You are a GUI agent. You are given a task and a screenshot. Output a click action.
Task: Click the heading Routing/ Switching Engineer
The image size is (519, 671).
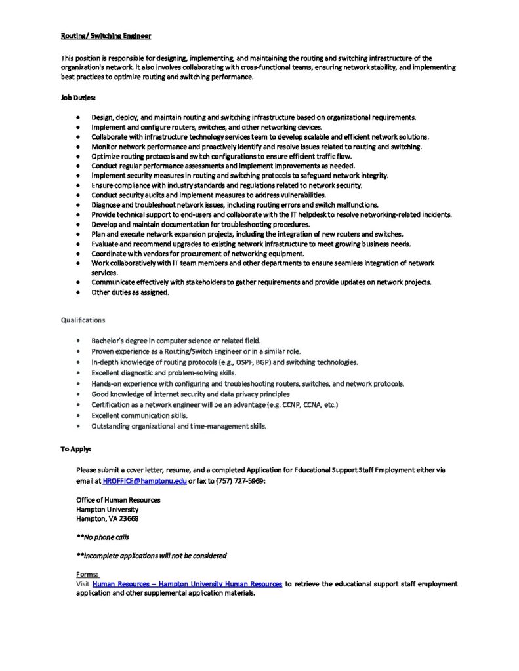pos(106,36)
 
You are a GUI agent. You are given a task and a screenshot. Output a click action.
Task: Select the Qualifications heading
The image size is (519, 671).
pos(83,320)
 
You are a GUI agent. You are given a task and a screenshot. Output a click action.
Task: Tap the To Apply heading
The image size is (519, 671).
pos(76,450)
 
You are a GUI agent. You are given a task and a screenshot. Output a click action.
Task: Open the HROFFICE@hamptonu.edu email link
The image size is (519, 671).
pos(144,480)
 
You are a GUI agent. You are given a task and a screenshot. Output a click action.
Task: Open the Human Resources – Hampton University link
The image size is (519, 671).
pos(188,583)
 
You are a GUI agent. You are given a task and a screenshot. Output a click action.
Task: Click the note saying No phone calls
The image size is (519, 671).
pos(103,537)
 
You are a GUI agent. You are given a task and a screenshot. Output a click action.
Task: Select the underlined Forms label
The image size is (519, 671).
pos(87,574)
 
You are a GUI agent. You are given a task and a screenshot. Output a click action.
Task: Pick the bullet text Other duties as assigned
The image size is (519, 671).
pos(130,292)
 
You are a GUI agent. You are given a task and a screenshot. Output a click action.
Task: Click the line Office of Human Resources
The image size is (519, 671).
pos(118,499)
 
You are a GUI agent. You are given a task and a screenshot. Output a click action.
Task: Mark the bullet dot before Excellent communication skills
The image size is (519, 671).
pos(79,415)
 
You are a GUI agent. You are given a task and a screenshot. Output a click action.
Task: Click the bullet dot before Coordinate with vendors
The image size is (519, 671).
pos(79,254)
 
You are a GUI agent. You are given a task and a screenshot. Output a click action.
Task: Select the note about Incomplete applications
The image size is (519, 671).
pos(152,556)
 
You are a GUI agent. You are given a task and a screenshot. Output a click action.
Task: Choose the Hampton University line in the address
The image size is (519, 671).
pos(108,509)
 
